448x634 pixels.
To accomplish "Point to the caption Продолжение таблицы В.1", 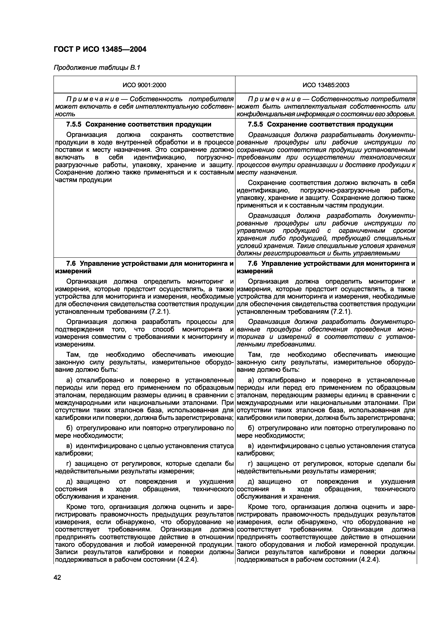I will point(97,68).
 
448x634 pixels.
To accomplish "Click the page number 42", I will point(57,577).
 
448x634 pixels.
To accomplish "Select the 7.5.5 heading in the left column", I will point(139,125).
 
